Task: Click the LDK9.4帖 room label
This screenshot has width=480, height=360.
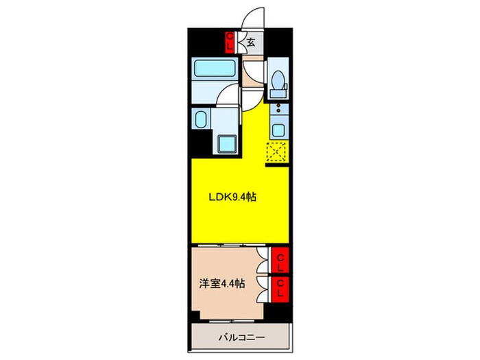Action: click(x=232, y=197)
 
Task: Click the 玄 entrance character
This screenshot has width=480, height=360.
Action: click(x=251, y=43)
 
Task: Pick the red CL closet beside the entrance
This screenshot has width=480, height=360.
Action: click(x=230, y=43)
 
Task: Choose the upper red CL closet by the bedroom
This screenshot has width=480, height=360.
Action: click(x=280, y=261)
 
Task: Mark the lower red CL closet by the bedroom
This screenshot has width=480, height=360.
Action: click(x=280, y=288)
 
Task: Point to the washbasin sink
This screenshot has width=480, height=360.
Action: click(x=202, y=121)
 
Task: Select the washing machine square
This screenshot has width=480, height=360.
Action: click(x=228, y=144)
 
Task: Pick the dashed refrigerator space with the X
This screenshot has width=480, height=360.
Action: click(x=277, y=152)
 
